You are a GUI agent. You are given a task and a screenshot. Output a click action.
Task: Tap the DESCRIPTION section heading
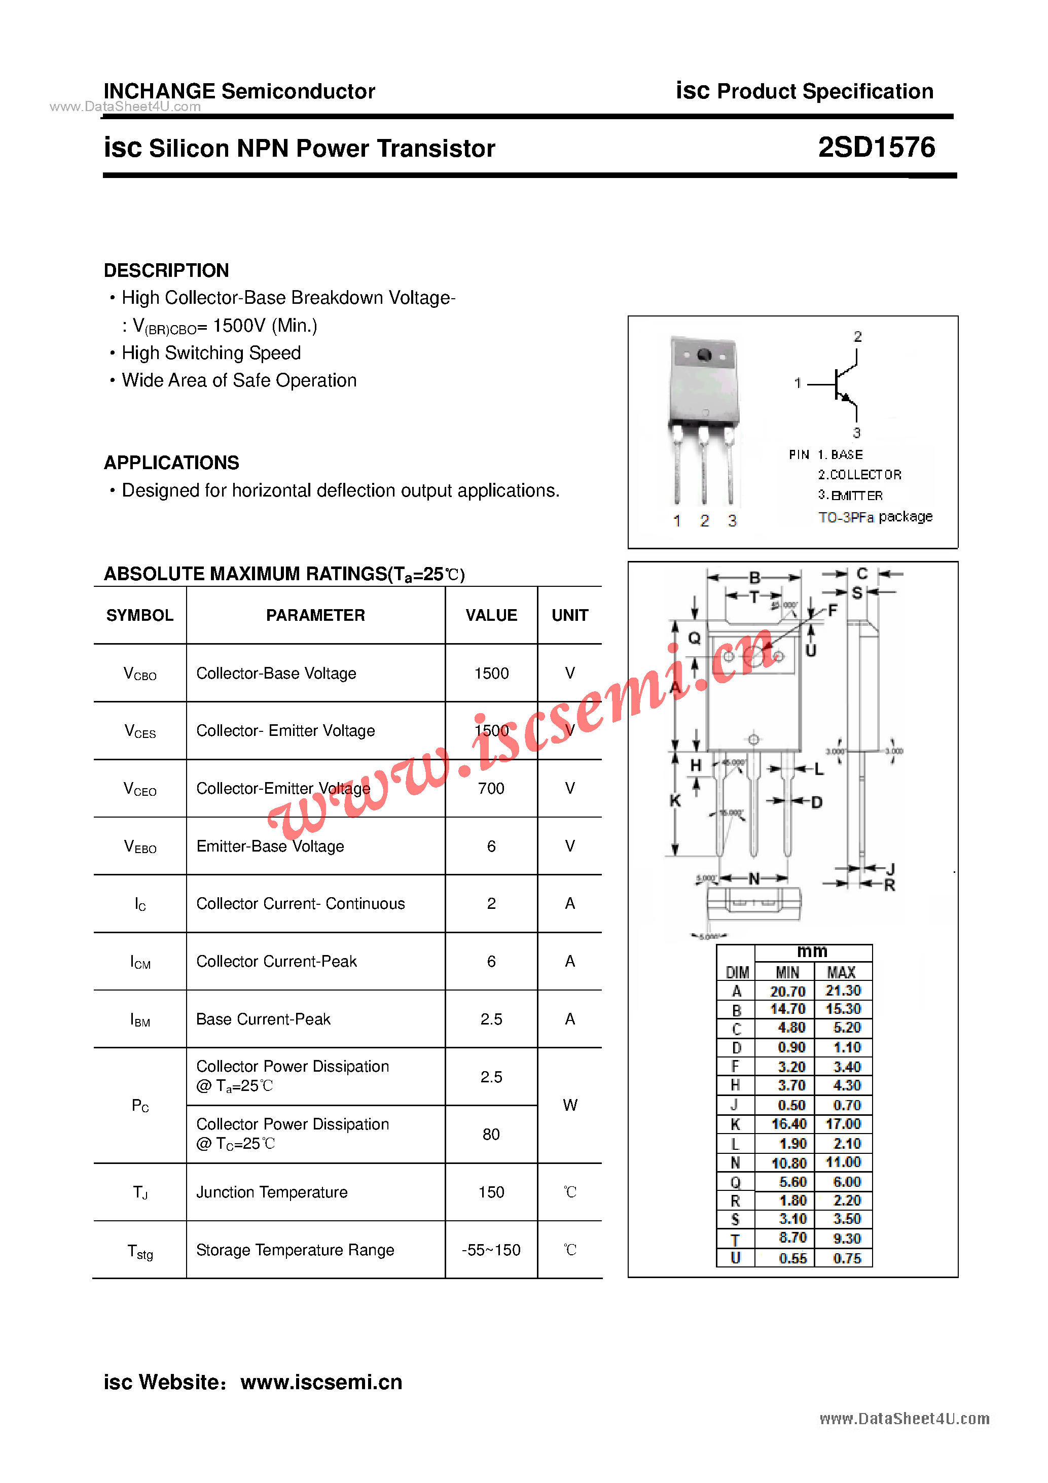[167, 271]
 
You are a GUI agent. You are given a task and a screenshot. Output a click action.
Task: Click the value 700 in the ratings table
[491, 789]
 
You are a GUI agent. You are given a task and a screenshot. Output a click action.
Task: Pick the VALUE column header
[491, 616]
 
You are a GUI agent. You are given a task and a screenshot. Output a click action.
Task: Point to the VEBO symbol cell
[140, 847]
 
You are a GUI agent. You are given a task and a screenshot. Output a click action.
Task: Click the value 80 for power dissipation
[491, 1135]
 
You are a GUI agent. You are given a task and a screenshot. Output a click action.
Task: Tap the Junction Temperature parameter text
[272, 1192]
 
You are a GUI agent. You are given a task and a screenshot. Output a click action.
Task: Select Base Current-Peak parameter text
[264, 1019]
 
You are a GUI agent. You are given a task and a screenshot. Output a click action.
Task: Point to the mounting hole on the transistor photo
[704, 355]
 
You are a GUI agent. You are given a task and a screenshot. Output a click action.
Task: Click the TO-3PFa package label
[875, 517]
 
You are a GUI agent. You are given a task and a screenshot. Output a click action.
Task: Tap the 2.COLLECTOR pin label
[859, 475]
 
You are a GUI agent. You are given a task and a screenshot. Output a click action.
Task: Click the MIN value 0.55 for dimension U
[792, 1258]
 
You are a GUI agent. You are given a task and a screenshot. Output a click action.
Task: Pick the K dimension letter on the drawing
[675, 801]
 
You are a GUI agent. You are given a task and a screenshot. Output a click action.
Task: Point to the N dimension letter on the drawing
[753, 878]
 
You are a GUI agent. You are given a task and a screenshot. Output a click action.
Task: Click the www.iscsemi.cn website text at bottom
[321, 1382]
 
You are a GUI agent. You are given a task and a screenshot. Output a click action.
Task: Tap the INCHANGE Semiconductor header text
[239, 92]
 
